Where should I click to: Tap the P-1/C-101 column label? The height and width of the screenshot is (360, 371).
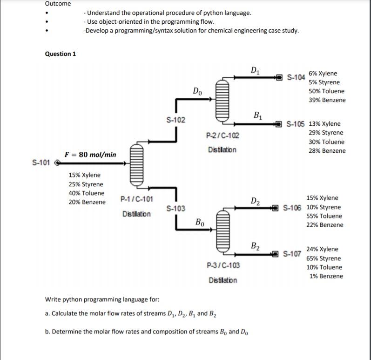click(136, 200)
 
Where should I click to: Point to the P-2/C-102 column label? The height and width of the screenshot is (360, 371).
click(222, 136)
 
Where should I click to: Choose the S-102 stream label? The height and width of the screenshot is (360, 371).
click(175, 120)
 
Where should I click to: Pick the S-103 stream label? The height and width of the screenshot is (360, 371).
click(175, 208)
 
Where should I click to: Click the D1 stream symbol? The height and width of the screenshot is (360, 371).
click(255, 71)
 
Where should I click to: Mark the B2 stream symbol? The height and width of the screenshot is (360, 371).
click(255, 246)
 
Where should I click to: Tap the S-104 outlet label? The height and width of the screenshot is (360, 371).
click(296, 77)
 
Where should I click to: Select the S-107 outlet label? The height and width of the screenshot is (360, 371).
click(292, 254)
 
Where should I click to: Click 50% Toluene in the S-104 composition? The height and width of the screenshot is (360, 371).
click(326, 91)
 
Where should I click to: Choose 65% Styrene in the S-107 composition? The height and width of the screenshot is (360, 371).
click(324, 258)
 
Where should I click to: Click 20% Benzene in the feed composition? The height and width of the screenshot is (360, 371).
click(87, 202)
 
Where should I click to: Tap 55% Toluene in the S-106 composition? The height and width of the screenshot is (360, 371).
click(324, 216)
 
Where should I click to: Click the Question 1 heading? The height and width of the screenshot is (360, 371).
click(60, 54)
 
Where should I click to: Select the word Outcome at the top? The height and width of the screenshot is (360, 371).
click(58, 4)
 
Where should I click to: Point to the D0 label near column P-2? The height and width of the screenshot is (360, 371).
click(197, 91)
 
